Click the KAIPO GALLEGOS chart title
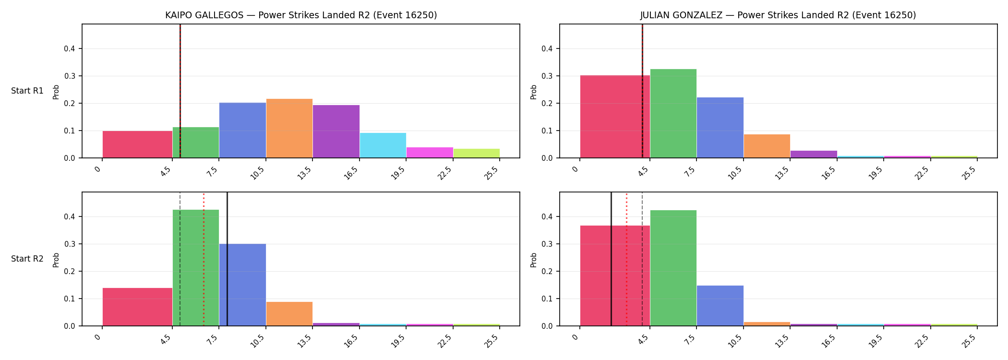click(x=301, y=15)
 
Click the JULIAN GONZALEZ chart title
click(x=778, y=15)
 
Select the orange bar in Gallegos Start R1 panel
click(x=289, y=128)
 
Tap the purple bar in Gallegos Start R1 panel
click(x=336, y=132)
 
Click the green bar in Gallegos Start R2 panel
click(x=196, y=268)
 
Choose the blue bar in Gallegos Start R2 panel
click(x=243, y=285)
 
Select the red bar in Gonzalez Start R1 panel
click(x=615, y=117)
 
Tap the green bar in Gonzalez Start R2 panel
click(x=673, y=268)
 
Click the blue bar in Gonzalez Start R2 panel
click(x=720, y=306)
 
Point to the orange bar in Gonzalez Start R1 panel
click(x=767, y=146)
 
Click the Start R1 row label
click(x=27, y=91)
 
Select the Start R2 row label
click(x=27, y=259)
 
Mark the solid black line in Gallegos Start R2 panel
click(x=227, y=259)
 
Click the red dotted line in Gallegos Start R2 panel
click(x=204, y=259)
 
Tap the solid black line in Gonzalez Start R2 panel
click(x=611, y=259)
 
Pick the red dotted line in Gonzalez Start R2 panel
click(x=626, y=259)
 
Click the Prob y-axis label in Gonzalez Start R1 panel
click(x=534, y=92)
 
